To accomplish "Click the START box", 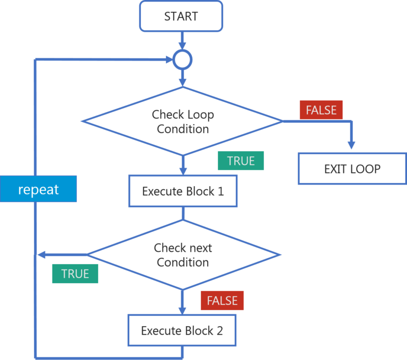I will point(181,16).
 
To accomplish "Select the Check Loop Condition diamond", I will point(182,121).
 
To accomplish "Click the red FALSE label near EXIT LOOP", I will point(321,110).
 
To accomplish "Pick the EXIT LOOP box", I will point(352,169).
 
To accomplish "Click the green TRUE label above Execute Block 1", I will point(241,161).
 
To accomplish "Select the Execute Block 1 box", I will point(183,191).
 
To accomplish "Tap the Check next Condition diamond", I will point(182,255).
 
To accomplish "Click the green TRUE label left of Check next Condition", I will point(75,274).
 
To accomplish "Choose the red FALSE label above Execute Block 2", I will point(222,301).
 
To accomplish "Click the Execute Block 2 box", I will point(182,331).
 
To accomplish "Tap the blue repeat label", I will point(38,189).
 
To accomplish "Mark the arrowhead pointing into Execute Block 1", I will point(182,170).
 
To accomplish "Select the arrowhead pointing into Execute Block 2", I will point(182,310).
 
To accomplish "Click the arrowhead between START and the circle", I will point(182,45).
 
